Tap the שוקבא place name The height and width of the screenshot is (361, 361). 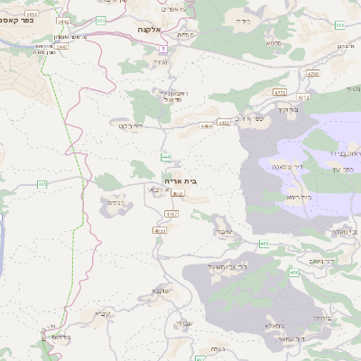tap(162, 291)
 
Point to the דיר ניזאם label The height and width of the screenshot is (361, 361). tap(319, 262)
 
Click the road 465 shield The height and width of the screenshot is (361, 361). tap(264, 244)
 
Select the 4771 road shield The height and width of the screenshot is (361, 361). tap(279, 92)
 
